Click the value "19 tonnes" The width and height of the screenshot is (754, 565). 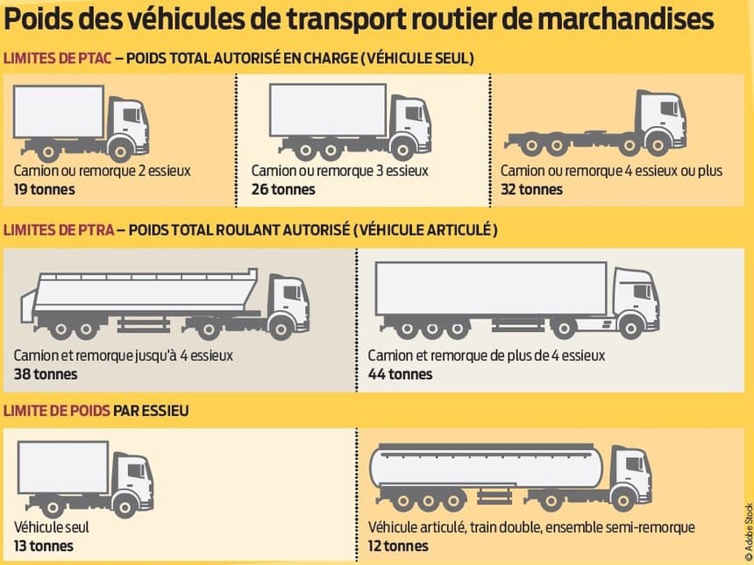(44, 189)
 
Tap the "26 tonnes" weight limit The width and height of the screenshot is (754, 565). (282, 189)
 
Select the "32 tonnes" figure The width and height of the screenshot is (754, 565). (531, 189)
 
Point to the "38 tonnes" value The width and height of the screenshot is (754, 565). (46, 374)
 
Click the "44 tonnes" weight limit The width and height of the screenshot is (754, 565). (400, 374)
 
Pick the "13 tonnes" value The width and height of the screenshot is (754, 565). (44, 546)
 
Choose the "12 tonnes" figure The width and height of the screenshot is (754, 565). (398, 546)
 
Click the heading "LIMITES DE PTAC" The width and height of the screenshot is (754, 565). (57, 59)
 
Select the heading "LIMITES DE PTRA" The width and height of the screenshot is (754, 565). (58, 230)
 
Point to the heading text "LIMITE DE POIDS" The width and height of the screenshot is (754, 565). (57, 410)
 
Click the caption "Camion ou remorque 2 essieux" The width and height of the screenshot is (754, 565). (102, 171)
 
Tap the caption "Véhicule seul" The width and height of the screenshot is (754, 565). (52, 527)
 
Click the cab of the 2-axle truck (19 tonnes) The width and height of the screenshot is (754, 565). (128, 123)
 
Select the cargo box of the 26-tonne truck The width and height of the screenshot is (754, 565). (327, 110)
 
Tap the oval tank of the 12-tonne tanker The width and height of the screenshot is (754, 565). (487, 469)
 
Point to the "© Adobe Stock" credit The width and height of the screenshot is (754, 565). (748, 531)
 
